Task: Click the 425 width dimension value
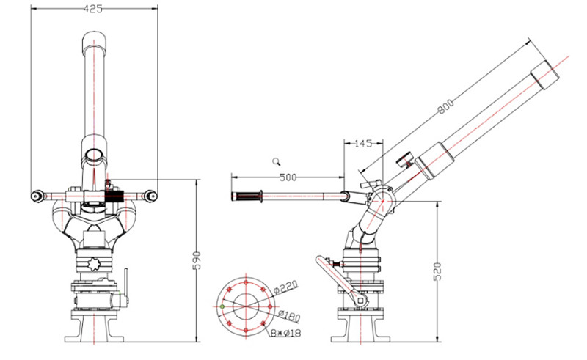[92, 10]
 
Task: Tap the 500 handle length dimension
[288, 177]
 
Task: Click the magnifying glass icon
[277, 161]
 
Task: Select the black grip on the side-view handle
[247, 196]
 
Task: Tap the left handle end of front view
[36, 196]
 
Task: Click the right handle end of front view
[150, 196]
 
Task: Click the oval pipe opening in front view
[93, 155]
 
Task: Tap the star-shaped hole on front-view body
[94, 263]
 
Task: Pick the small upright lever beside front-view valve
[125, 282]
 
